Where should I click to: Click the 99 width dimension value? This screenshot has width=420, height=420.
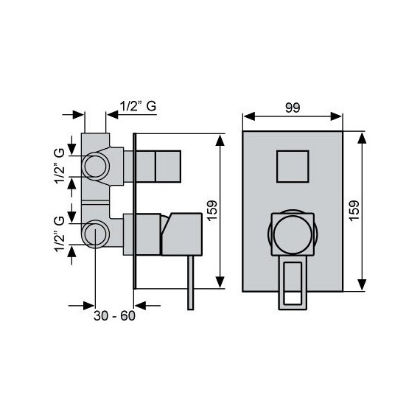292,108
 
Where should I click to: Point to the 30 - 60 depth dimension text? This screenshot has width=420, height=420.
115,317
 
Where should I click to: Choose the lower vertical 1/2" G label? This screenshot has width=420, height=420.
60,235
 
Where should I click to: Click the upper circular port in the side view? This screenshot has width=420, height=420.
94,166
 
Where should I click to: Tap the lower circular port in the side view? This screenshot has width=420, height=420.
94,234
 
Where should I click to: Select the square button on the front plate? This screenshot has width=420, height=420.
292,167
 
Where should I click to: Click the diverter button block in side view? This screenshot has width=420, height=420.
167,166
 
